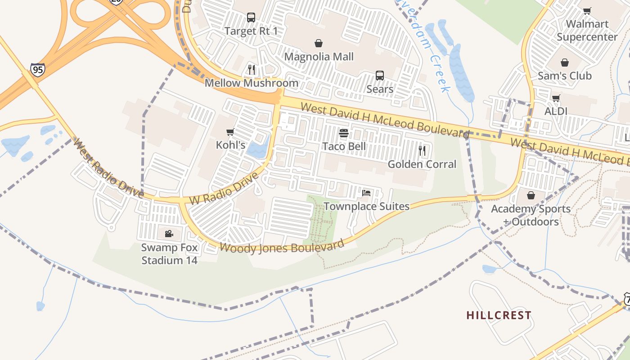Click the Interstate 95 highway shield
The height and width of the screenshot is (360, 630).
point(38,70)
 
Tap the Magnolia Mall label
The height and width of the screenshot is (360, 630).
point(319,57)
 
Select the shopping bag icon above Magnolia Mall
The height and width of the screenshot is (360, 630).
point(319,43)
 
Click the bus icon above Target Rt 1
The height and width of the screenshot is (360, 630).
point(251,18)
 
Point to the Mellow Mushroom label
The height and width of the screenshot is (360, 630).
point(251,83)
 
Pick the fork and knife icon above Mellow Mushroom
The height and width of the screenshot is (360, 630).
point(252,70)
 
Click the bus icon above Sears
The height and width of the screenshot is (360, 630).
point(380,76)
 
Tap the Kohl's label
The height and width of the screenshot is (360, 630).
point(230,145)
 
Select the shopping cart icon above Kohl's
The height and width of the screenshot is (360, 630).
point(230,132)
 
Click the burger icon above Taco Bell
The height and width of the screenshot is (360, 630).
point(344,133)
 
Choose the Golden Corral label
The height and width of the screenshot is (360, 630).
point(422,164)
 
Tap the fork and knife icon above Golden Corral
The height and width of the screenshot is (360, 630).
point(422,151)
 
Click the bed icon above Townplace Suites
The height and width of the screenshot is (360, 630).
point(366,193)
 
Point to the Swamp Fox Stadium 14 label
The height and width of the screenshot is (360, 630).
point(169,254)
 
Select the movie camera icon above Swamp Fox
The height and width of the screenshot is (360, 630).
point(169,234)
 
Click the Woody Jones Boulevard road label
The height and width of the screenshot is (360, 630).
point(282,247)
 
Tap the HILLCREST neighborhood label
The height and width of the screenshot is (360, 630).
point(499,315)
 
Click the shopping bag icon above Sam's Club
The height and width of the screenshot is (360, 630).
point(565,63)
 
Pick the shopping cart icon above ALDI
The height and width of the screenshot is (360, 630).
point(556,98)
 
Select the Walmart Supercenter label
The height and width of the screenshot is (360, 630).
point(587,30)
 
